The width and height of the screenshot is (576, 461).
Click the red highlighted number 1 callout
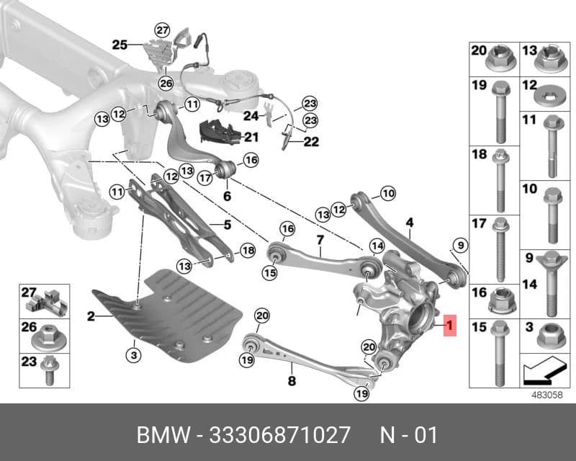449,326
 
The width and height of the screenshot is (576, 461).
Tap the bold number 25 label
120,45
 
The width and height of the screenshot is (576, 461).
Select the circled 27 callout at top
162,30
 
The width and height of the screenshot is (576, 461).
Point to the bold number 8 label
292,381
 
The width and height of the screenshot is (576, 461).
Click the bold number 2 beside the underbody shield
91,315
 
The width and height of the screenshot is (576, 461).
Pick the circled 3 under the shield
134,355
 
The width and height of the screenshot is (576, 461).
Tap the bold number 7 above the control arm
320,240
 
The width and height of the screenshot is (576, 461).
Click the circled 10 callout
388,193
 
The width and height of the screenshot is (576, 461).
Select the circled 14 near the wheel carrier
377,246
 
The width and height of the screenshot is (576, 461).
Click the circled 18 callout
248,251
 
